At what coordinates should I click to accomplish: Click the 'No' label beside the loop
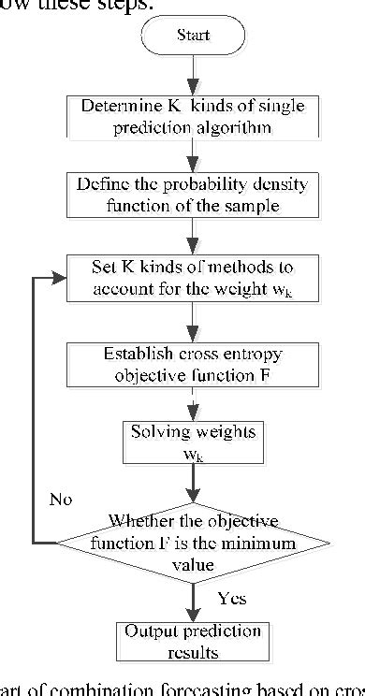pos(60,500)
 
